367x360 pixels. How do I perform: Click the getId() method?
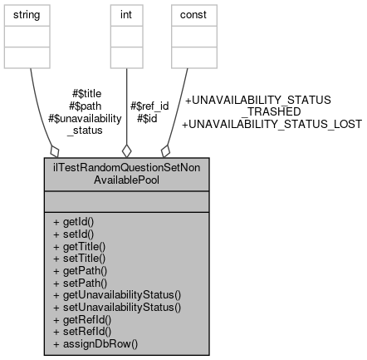click(x=73, y=223)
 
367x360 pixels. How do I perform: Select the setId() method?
click(x=72, y=234)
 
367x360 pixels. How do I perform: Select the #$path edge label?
click(x=88, y=106)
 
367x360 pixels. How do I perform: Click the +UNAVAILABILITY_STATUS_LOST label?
click(x=272, y=124)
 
